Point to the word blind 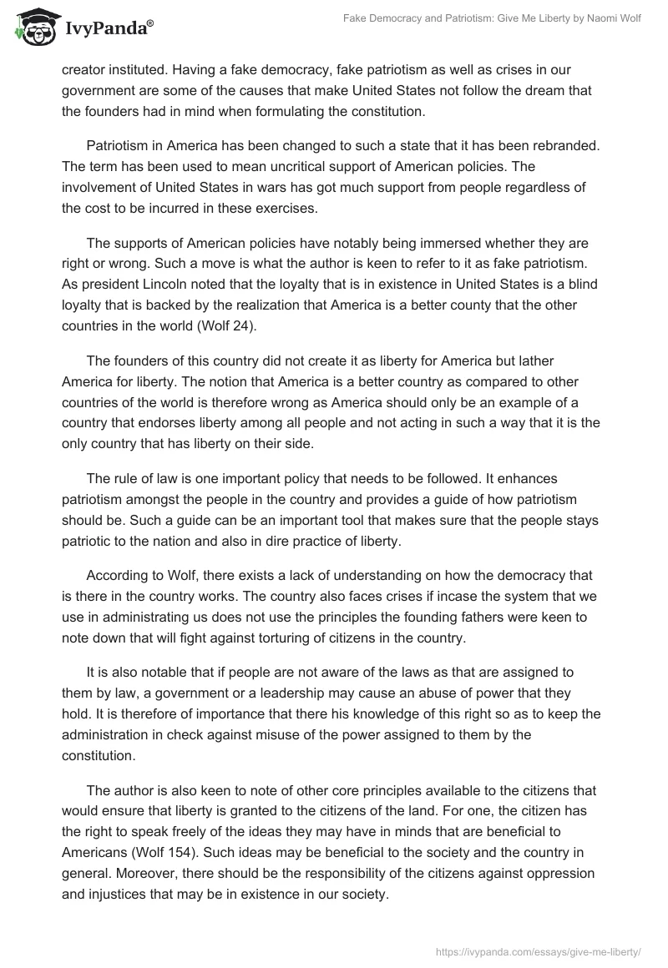click(x=581, y=283)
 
